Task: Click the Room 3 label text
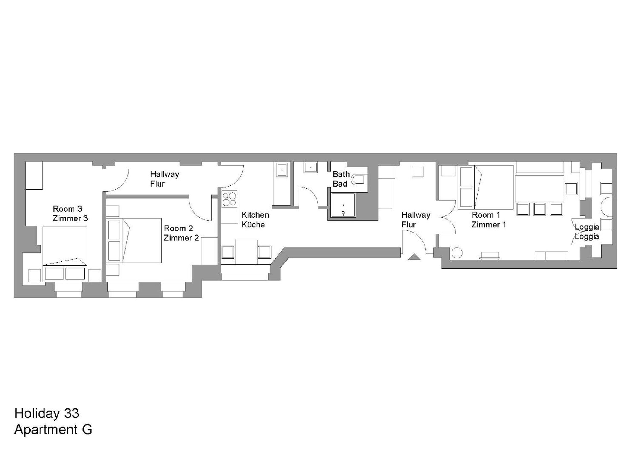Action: (x=67, y=209)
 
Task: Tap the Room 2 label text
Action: (x=178, y=228)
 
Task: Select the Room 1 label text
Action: (x=486, y=215)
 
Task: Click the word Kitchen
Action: (x=255, y=215)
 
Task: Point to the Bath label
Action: (x=341, y=174)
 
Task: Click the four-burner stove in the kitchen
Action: (x=229, y=199)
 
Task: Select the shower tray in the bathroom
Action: (x=343, y=205)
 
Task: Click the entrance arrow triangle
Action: (x=414, y=257)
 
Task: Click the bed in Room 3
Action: (x=65, y=254)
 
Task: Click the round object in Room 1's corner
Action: (x=457, y=253)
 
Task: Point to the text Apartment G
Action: (x=53, y=429)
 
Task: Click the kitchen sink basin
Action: (x=282, y=169)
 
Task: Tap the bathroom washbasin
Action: (x=311, y=167)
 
